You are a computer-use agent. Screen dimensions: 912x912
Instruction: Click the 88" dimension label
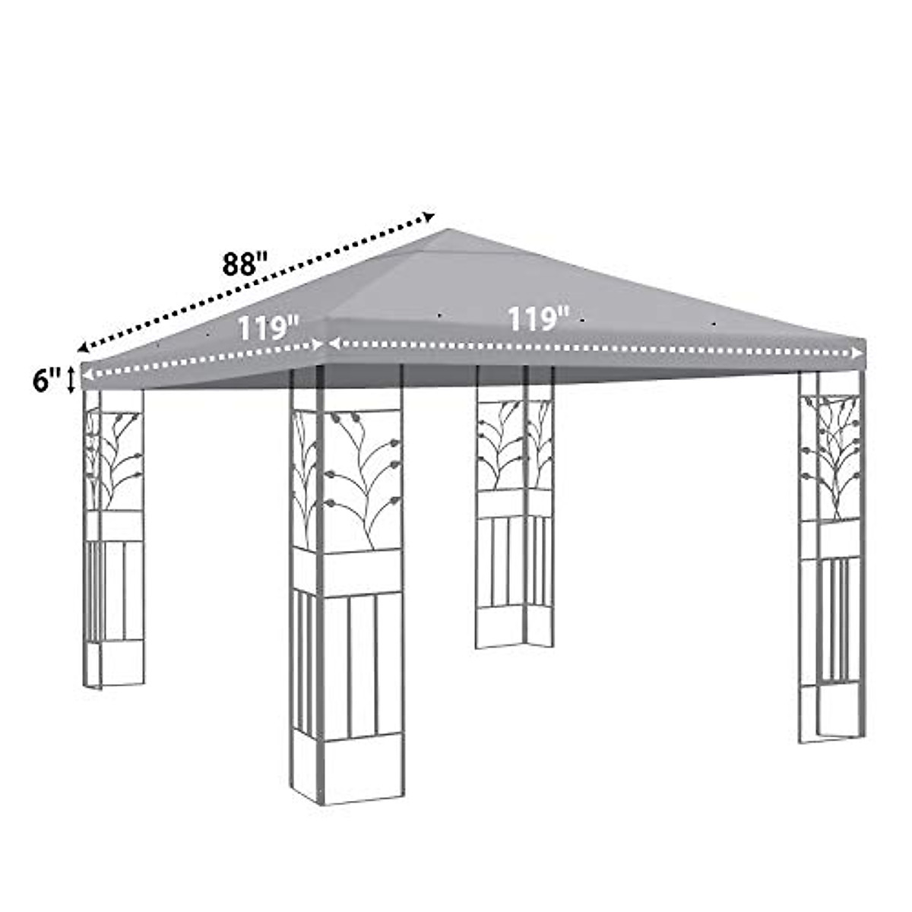coord(245,264)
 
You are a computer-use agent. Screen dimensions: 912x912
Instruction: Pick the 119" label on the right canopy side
coord(538,319)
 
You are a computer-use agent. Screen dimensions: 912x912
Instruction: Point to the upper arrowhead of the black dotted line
coord(429,216)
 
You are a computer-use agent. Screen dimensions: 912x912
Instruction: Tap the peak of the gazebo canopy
coord(450,230)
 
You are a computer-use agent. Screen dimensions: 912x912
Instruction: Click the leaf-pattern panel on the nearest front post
coord(348,479)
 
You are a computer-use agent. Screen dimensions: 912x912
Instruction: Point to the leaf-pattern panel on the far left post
coord(114,460)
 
